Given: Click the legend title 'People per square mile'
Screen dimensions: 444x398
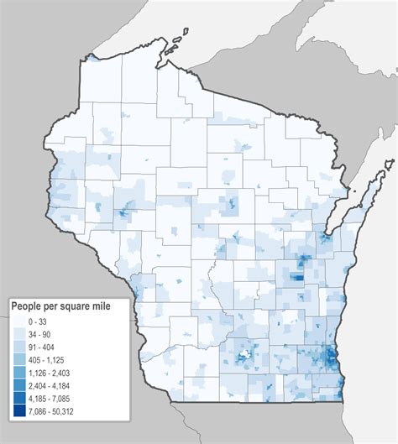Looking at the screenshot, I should coord(66,306).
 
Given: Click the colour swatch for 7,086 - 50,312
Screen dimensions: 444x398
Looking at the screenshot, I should coord(18,410).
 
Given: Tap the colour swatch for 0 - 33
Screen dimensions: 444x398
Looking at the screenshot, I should coord(18,321).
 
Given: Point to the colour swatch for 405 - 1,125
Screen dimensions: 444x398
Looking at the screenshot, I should coord(18,359).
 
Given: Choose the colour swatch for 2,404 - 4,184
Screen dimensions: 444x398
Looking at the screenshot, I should coord(18,384).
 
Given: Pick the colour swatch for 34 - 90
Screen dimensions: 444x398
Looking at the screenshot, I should coord(18,334).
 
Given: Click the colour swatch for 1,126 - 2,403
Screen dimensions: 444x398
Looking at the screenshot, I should coord(18,372).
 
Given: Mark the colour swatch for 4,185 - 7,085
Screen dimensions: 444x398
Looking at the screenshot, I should coord(18,397).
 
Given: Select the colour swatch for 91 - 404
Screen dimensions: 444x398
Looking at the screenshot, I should coord(18,347).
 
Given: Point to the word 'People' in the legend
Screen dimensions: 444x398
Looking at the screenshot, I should coord(27,306).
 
